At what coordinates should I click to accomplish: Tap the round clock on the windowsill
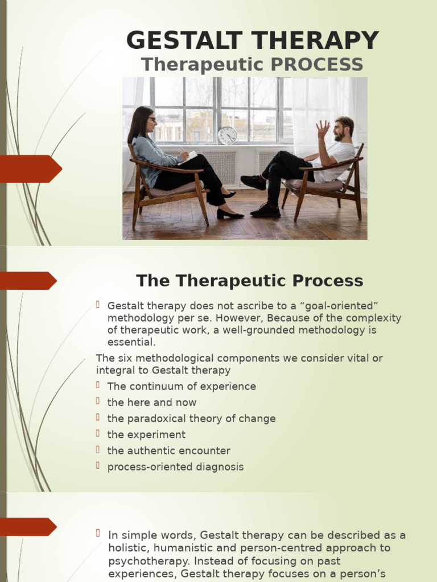[227, 135]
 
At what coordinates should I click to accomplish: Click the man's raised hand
[323, 129]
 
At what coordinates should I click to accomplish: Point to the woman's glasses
[151, 119]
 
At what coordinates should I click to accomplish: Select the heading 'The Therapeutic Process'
[249, 281]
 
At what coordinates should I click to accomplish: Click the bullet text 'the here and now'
[152, 402]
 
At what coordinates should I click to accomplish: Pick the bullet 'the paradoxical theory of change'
[191, 418]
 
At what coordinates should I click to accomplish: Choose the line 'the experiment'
[146, 435]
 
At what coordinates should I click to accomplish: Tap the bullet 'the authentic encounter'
[168, 451]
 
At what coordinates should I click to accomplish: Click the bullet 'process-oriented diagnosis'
[175, 467]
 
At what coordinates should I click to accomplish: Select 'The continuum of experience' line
[182, 386]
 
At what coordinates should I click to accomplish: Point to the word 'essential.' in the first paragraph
[131, 342]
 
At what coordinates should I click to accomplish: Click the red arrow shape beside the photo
[31, 169]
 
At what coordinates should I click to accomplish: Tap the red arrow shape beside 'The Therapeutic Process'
[28, 281]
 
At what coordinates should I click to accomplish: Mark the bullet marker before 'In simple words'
[98, 533]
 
